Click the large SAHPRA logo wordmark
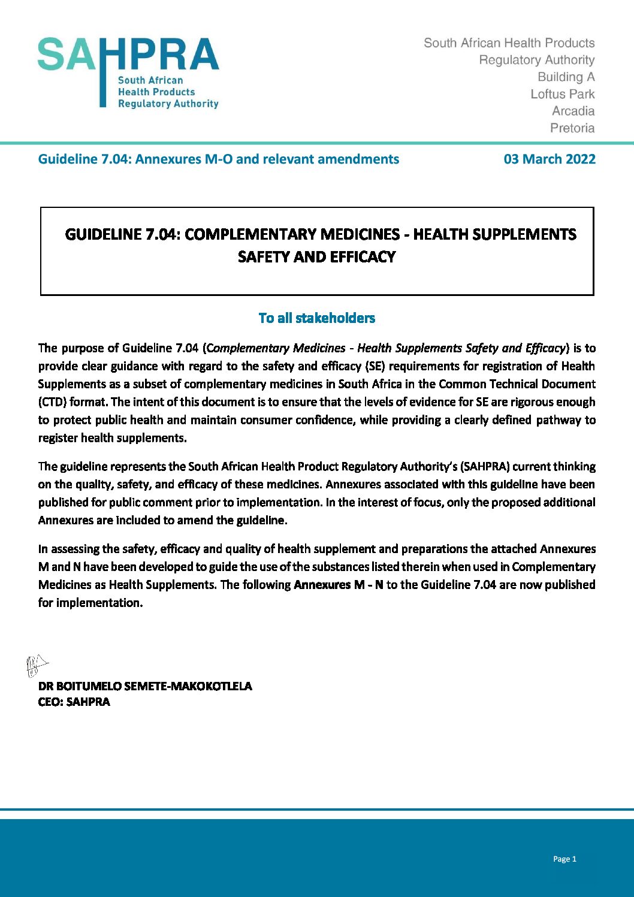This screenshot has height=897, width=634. (128, 55)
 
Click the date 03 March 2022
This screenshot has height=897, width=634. (550, 159)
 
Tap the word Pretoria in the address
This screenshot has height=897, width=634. (572, 128)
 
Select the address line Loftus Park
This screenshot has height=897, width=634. (563, 94)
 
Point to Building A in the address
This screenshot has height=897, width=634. (566, 77)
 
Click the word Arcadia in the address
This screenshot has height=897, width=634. (573, 111)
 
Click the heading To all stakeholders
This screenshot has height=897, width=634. (316, 318)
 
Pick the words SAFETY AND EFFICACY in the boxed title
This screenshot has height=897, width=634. (316, 257)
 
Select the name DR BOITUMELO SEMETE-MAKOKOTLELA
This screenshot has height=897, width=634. (145, 686)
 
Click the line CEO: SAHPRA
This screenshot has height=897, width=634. (74, 702)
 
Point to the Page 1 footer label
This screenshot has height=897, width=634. (564, 859)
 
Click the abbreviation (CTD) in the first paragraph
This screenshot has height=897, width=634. (52, 402)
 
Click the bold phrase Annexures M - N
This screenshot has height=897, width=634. (339, 585)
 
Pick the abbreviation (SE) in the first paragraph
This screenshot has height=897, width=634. (375, 366)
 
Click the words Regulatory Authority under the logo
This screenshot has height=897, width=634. (168, 104)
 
